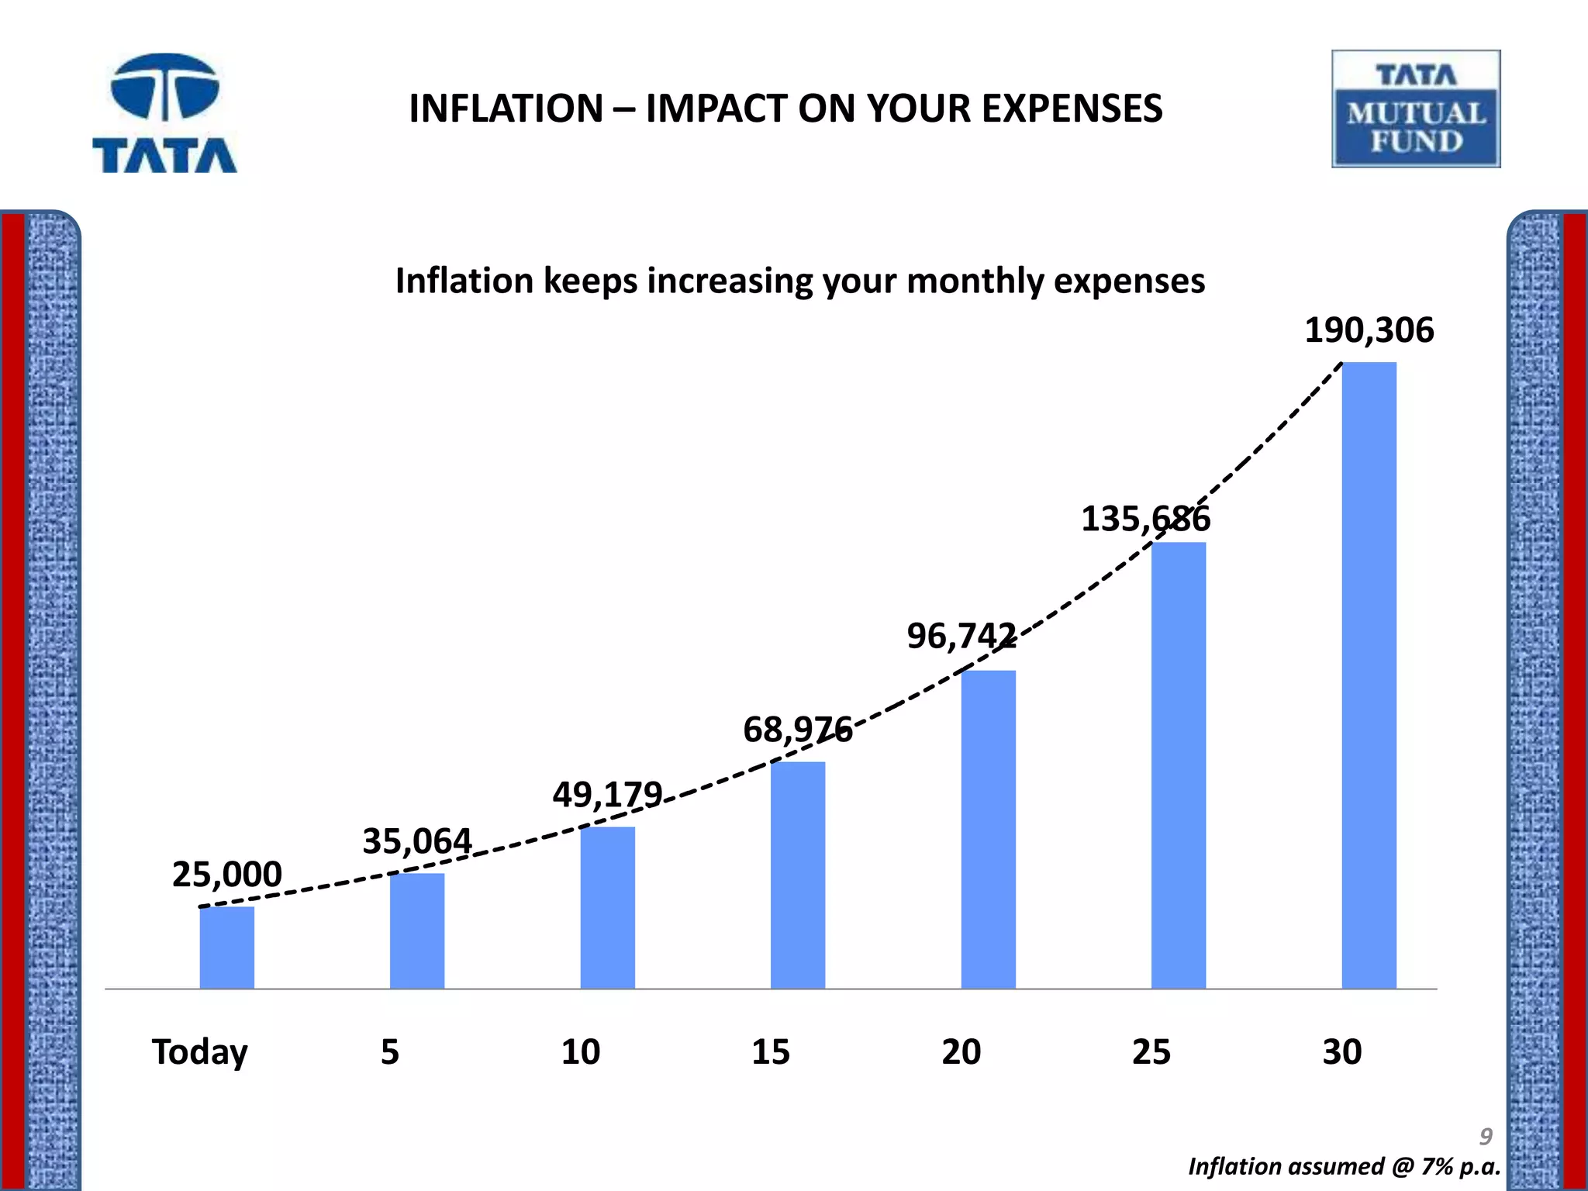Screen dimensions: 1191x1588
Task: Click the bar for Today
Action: point(226,948)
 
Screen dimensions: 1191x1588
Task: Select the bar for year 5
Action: point(417,930)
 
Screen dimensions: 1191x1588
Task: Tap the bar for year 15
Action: point(798,875)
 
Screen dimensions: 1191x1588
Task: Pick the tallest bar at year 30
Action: point(1369,675)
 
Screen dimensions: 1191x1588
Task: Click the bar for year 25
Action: point(1179,765)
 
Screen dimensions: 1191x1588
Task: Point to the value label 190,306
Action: point(1369,330)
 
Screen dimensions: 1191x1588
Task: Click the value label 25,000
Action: point(226,875)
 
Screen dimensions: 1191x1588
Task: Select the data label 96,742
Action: point(961,637)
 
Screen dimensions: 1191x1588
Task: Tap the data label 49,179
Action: point(607,795)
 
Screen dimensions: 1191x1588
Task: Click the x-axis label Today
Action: point(199,1052)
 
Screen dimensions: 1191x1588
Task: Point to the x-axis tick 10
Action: point(580,1052)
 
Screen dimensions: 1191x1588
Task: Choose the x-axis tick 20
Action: point(961,1052)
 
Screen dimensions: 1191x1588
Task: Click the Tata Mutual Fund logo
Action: point(1416,109)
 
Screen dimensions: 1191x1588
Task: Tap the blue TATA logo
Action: point(164,113)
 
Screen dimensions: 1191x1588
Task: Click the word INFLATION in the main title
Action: point(506,109)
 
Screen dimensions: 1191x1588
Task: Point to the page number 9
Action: point(1485,1137)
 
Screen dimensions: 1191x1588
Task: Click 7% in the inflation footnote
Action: point(1437,1167)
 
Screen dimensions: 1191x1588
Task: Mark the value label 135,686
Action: point(1145,519)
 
